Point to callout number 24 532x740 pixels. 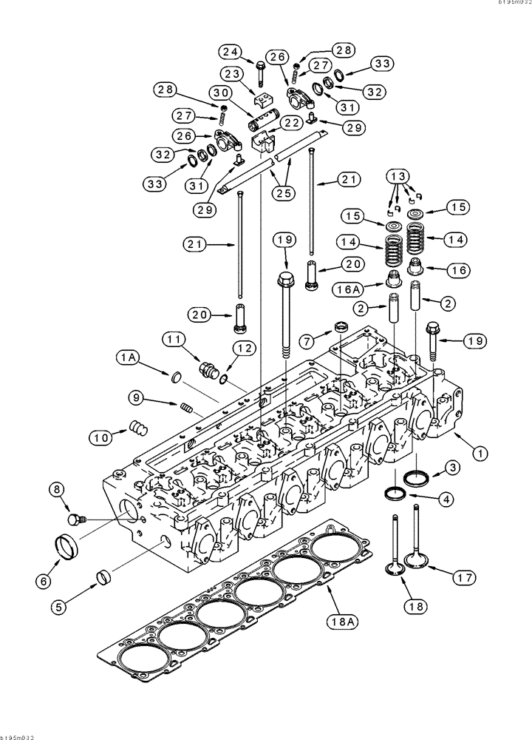point(230,52)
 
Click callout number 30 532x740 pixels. point(219,93)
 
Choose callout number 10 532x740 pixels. point(102,436)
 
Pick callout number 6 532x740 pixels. point(42,582)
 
